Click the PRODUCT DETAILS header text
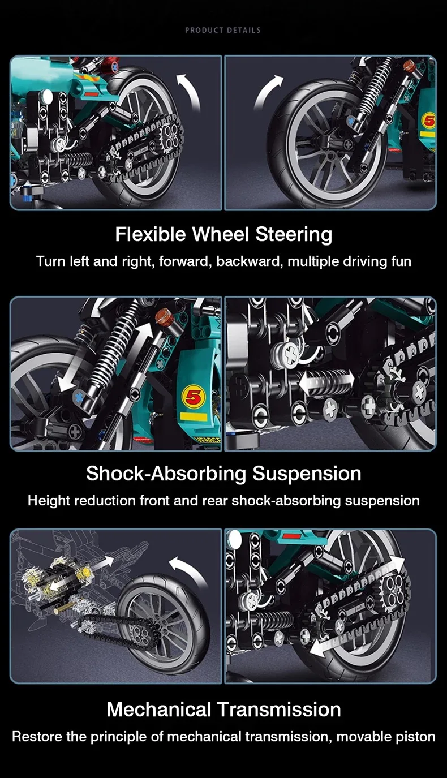coord(223,30)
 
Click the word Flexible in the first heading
coord(151,234)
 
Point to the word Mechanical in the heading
coord(159,709)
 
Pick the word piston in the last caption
coord(417,737)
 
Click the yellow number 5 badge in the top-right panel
coord(428,121)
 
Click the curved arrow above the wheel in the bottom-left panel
coord(188,570)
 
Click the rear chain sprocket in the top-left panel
coord(172,134)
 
